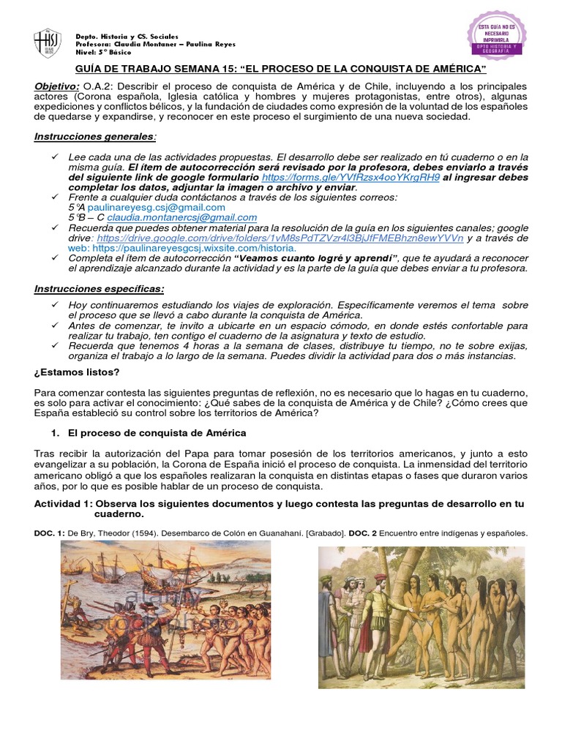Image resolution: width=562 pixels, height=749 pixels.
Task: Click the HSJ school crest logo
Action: pos(48,44)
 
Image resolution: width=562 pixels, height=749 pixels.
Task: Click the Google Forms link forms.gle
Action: pos(351,177)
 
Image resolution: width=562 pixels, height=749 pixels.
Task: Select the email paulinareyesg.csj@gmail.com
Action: pos(156,208)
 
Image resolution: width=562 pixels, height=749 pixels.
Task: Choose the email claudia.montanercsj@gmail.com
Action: pos(181,217)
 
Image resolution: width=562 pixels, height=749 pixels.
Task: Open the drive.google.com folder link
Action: pos(280,238)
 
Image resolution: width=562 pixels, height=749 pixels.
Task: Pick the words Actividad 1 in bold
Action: pos(63,504)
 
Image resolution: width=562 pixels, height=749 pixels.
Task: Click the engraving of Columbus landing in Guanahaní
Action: pos(165,610)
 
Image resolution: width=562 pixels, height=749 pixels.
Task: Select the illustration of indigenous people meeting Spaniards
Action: pos(421,617)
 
